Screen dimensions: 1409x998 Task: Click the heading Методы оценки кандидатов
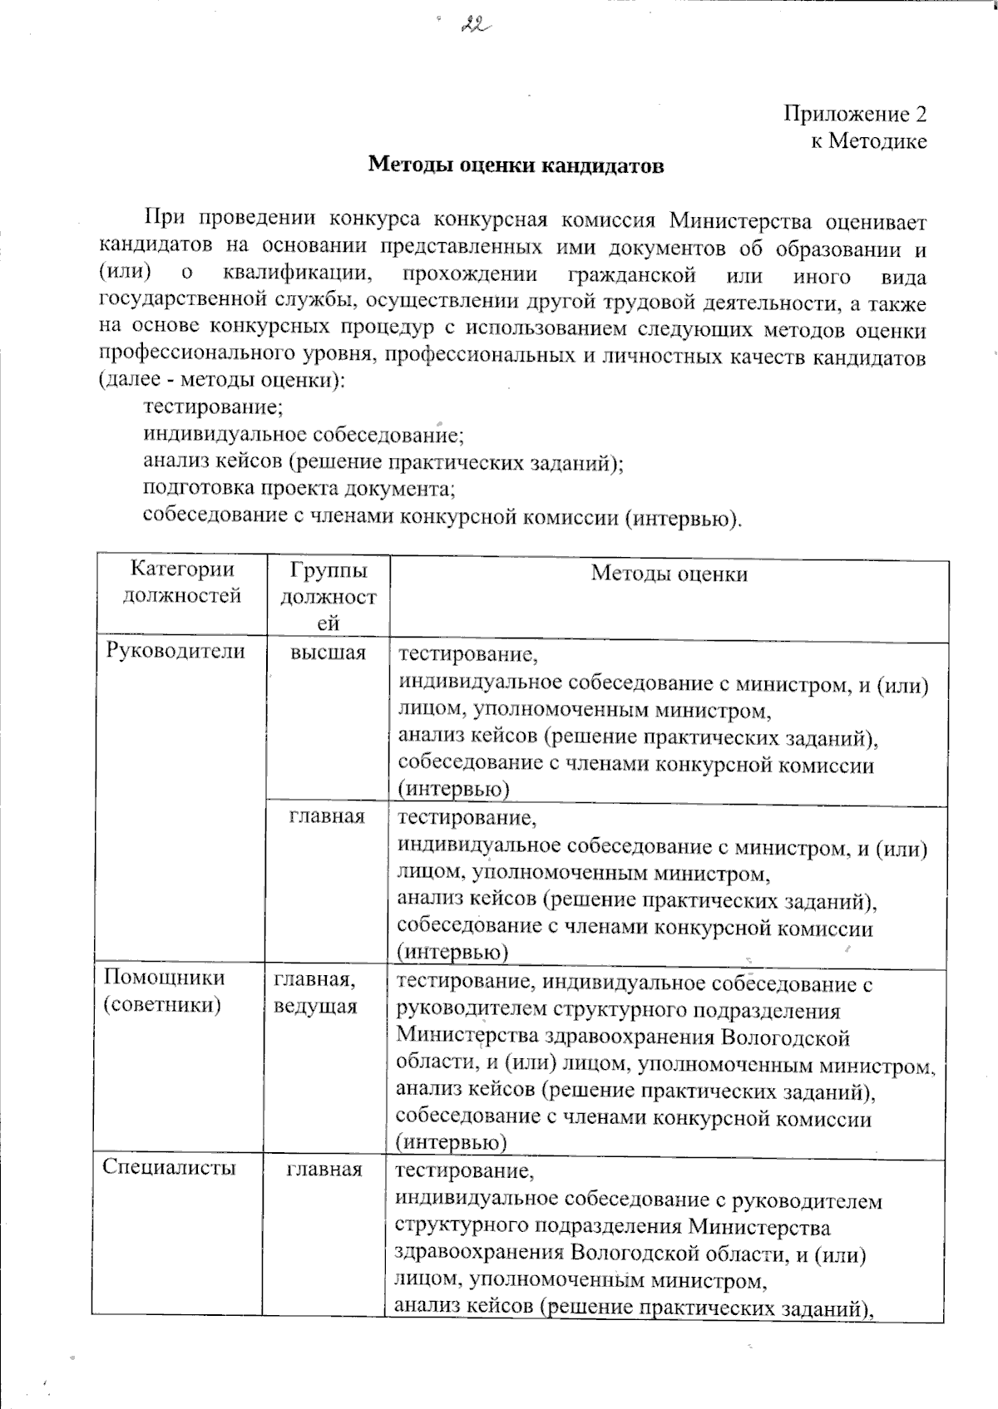516,165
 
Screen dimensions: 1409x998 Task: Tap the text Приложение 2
855,114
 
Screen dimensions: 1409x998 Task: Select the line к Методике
868,141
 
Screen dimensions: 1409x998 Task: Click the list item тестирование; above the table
214,407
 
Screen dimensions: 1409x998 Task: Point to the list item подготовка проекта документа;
299,488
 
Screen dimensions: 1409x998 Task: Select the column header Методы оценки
669,574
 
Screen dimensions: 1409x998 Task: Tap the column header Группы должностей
329,597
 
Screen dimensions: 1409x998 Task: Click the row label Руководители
175,652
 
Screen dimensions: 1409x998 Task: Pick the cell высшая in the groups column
329,653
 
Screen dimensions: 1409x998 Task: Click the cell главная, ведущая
315,994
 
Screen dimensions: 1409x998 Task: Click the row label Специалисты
170,1168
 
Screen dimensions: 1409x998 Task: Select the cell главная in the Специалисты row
324,1170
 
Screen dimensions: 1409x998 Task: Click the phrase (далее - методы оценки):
221,382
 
